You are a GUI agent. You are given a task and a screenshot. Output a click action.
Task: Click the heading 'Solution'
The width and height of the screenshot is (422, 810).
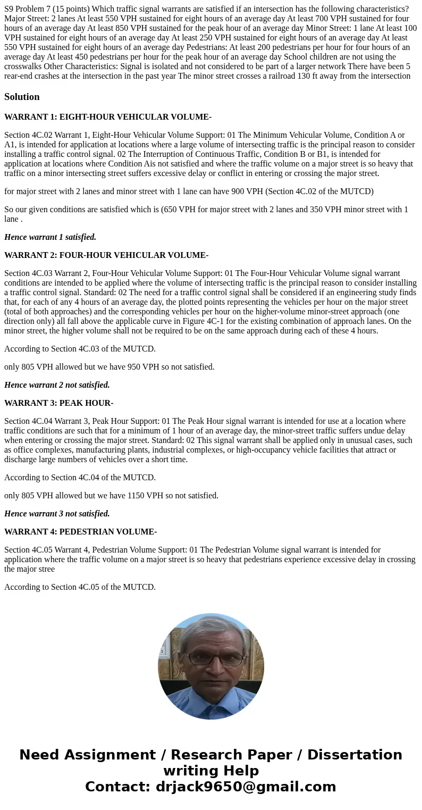tap(22, 97)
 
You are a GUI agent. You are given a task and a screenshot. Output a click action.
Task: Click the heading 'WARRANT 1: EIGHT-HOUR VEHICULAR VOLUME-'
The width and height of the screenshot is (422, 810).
tap(108, 117)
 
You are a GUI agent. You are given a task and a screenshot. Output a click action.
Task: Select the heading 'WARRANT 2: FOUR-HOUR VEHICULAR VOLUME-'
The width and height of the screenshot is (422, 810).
tap(106, 255)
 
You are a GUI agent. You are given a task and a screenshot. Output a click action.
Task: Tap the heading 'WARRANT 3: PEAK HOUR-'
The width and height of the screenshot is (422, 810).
tap(58, 403)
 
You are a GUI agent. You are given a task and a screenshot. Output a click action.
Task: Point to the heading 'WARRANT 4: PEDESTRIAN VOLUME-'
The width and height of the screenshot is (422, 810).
tap(80, 532)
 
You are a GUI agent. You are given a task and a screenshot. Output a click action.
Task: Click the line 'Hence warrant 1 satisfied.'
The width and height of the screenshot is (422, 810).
tap(50, 237)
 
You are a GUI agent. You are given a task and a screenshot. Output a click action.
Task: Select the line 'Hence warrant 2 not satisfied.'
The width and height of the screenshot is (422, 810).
tap(57, 385)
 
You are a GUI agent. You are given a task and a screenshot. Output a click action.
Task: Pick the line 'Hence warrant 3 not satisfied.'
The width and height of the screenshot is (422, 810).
tap(57, 514)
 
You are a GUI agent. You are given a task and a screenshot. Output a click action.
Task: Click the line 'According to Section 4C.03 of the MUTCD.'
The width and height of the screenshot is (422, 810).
tap(80, 349)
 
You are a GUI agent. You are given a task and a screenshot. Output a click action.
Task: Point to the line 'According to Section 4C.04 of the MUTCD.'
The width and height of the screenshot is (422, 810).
tap(80, 478)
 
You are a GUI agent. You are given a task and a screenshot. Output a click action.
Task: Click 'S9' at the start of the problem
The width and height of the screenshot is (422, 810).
tap(9, 9)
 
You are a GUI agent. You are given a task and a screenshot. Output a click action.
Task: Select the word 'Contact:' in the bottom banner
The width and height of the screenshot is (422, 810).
tap(117, 787)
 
